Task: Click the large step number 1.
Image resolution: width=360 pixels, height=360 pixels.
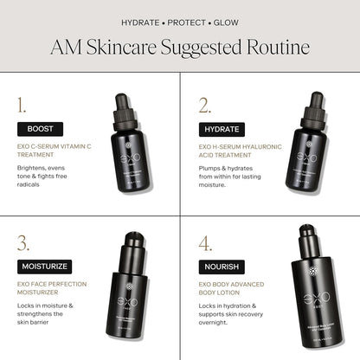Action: tap(22, 106)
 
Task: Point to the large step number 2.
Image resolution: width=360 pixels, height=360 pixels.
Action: tap(204, 106)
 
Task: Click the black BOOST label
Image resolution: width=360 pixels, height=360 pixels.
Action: tap(40, 128)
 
